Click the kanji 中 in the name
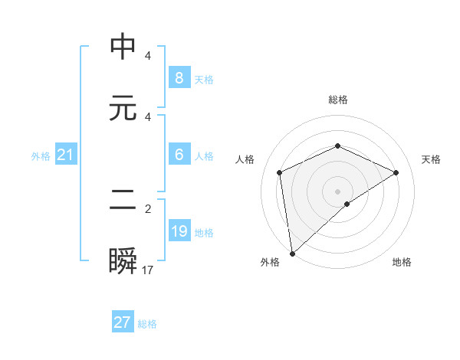pyautogui.click(x=123, y=47)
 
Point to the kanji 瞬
pyautogui.click(x=123, y=260)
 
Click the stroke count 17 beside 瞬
pyautogui.click(x=148, y=270)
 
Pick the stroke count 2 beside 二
pyautogui.click(x=148, y=208)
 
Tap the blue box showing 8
pyautogui.click(x=179, y=77)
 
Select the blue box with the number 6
pyautogui.click(x=179, y=155)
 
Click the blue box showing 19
pyautogui.click(x=179, y=231)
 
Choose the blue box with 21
pyautogui.click(x=65, y=155)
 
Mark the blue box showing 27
pyautogui.click(x=123, y=322)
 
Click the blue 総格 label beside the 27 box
pyautogui.click(x=147, y=324)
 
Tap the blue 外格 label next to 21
pyautogui.click(x=41, y=156)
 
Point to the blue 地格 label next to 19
pyautogui.click(x=204, y=233)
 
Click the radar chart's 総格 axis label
pyautogui.click(x=337, y=100)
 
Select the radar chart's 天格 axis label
pyautogui.click(x=431, y=159)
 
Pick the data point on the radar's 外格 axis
pyautogui.click(x=291, y=254)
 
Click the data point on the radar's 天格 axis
pyautogui.click(x=396, y=172)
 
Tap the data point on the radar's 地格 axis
pyautogui.click(x=347, y=204)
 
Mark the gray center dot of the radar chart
pyautogui.click(x=337, y=191)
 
